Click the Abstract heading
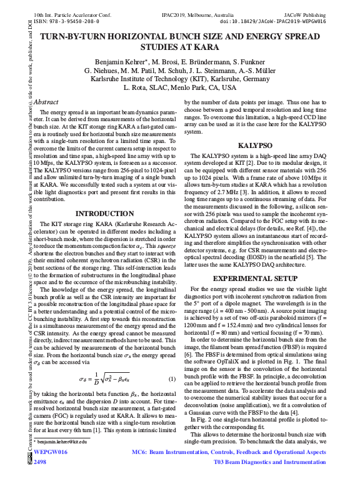pyautogui.click(x=46, y=102)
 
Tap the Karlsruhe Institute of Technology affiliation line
pyautogui.click(x=180, y=80)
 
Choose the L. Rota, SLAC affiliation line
pyautogui.click(x=180, y=89)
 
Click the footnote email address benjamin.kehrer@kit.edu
pyautogui.click(x=62, y=442)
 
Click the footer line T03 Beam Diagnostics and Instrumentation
pyautogui.click(x=270, y=462)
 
